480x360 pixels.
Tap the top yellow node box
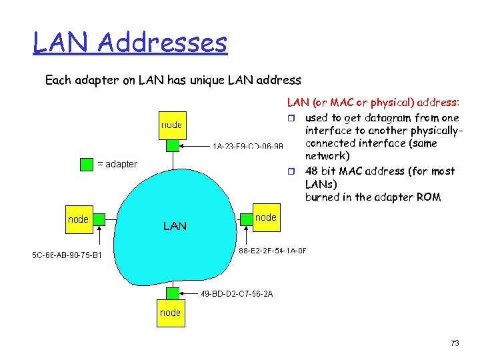click(x=172, y=125)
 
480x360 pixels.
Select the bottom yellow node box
click(x=170, y=313)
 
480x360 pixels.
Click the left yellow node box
click(x=79, y=219)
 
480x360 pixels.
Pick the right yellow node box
click(x=266, y=217)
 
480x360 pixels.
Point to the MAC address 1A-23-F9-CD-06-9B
click(x=248, y=145)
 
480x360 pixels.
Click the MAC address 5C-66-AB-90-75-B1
click(x=67, y=255)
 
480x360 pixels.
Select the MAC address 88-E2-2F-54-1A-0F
click(x=273, y=251)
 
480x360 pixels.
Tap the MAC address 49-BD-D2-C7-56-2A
click(x=237, y=293)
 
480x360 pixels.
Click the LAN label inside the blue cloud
click(x=175, y=227)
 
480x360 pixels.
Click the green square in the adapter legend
click(x=87, y=164)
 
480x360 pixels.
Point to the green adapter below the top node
click(x=172, y=145)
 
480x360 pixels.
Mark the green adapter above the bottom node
click(x=172, y=293)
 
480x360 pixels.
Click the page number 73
click(x=455, y=343)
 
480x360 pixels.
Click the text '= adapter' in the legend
click(x=117, y=164)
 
